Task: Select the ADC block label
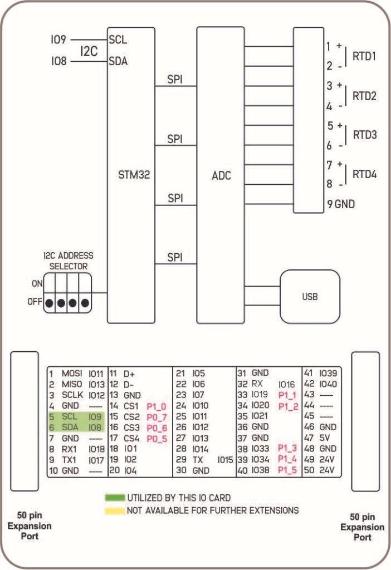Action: click(x=222, y=176)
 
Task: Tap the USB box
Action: click(x=310, y=297)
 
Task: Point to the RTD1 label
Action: click(x=364, y=56)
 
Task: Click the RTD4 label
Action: click(x=364, y=174)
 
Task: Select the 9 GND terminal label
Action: click(x=341, y=204)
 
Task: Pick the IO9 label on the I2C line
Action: click(x=58, y=40)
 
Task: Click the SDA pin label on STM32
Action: click(x=118, y=61)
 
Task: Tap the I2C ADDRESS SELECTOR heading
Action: click(x=69, y=261)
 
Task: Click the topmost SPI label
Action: click(x=175, y=80)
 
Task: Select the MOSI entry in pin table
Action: click(x=72, y=373)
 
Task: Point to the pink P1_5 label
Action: click(x=288, y=470)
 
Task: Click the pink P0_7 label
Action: click(x=156, y=416)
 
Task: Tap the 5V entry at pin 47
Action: click(x=326, y=438)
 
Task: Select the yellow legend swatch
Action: click(x=115, y=510)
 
